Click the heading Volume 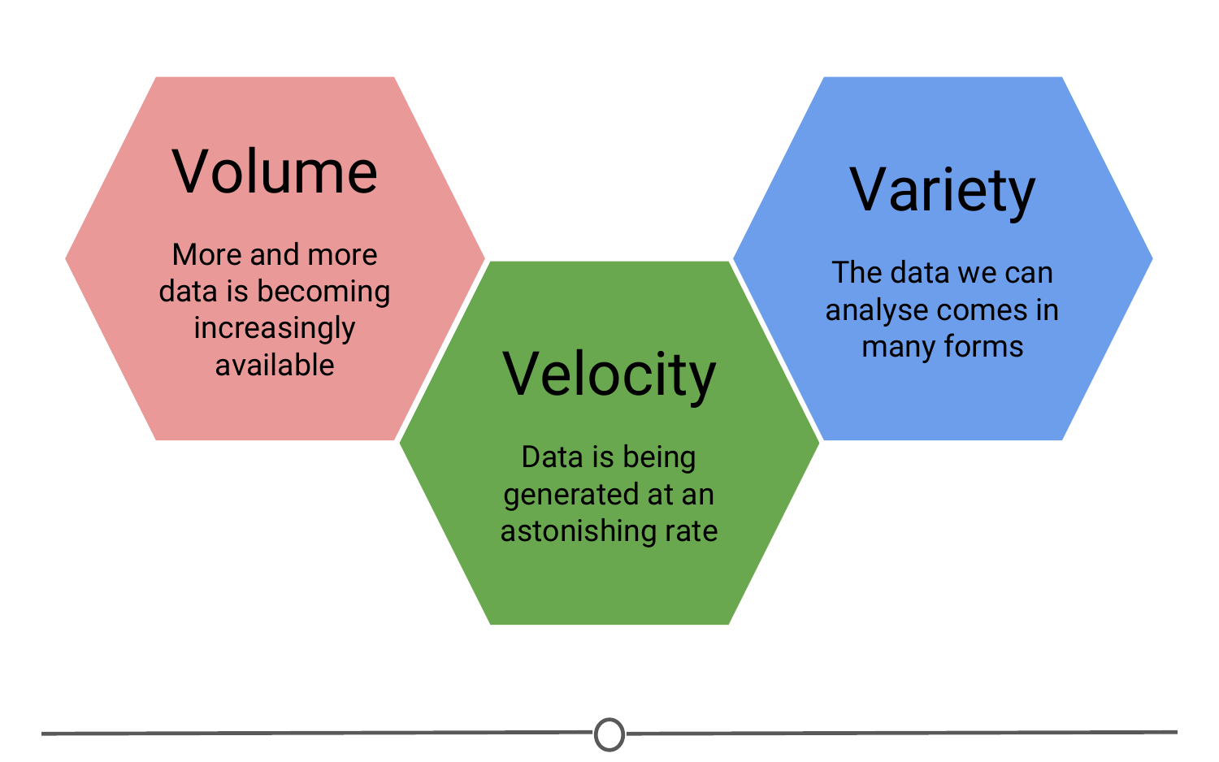click(275, 172)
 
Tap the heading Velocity click(609, 376)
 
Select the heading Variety click(942, 191)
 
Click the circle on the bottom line click(609, 734)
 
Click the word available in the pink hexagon click(275, 365)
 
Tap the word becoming click(323, 292)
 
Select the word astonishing click(579, 531)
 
